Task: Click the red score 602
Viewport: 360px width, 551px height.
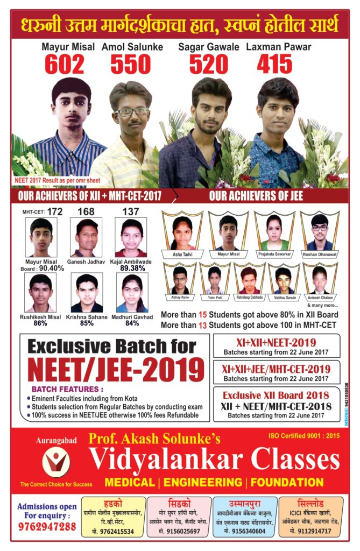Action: (x=64, y=65)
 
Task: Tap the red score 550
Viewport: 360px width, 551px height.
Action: (x=131, y=65)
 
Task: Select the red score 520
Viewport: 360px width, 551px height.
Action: (x=209, y=65)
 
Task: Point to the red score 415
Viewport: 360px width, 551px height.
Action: (x=274, y=65)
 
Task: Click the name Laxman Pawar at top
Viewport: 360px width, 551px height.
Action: (x=278, y=47)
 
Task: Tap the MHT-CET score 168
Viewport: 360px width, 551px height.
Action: (x=87, y=213)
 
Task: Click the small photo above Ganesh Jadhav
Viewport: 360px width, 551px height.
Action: (x=87, y=237)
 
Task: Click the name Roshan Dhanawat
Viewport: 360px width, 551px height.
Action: (x=320, y=253)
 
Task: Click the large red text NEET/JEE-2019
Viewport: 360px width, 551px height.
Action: (x=115, y=370)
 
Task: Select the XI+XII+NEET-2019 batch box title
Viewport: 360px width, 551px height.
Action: (x=277, y=343)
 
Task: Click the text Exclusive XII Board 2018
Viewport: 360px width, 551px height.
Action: (x=277, y=395)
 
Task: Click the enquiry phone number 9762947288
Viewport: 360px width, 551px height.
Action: (x=46, y=526)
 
